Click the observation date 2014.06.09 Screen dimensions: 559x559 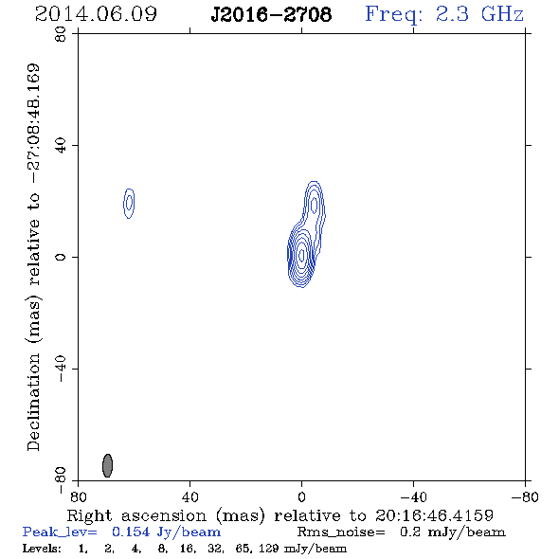tap(96, 14)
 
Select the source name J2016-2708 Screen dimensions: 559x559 tap(271, 14)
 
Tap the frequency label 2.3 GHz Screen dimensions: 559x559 tap(479, 14)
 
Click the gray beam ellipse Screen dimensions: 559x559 tap(107, 465)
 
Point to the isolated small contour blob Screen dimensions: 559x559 tap(129, 203)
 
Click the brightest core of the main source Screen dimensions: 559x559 tap(302, 255)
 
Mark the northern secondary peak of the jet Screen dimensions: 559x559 tap(314, 205)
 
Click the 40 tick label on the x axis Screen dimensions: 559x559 tap(189, 496)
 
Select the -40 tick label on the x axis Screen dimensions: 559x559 tap(413, 496)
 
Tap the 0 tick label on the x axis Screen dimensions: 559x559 tap(301, 496)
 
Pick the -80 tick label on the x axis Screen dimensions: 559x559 tap(525, 496)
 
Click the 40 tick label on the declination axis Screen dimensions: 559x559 tap(61, 146)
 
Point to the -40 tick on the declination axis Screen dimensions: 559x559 tap(61, 369)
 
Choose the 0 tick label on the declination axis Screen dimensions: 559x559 tap(61, 257)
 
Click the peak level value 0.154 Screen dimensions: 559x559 tap(131, 532)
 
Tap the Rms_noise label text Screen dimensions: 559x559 tap(341, 532)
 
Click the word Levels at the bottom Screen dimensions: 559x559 tap(42, 549)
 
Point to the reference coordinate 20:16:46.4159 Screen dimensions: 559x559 tap(434, 515)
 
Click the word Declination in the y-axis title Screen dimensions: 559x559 tap(33, 403)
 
